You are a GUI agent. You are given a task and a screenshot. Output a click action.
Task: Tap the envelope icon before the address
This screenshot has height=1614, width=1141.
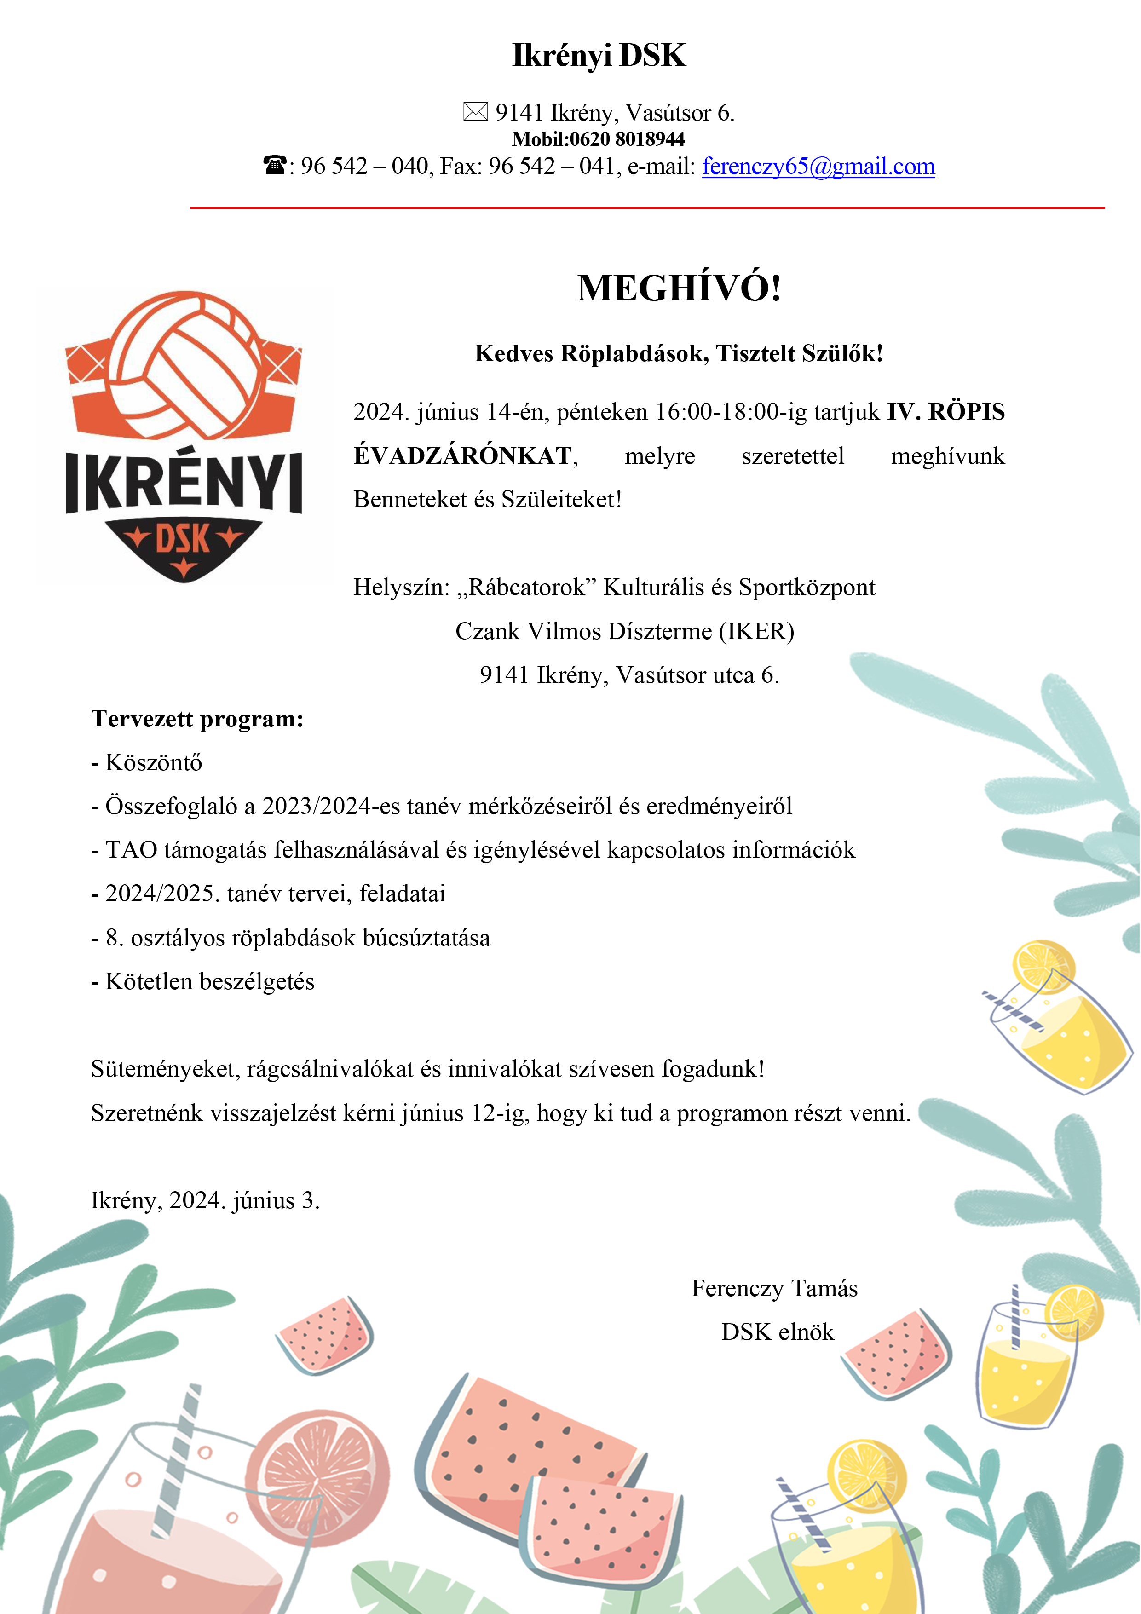point(475,112)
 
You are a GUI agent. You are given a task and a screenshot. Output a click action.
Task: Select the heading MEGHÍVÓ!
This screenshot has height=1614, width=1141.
point(679,288)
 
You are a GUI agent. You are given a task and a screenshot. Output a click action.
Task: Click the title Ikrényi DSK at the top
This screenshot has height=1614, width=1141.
point(599,55)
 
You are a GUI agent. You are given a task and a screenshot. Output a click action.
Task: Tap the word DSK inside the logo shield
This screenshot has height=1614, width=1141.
point(183,540)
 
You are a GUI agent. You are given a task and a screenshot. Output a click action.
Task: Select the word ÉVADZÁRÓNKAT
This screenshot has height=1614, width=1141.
point(462,455)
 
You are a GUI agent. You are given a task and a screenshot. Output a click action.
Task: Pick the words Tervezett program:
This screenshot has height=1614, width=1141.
point(197,719)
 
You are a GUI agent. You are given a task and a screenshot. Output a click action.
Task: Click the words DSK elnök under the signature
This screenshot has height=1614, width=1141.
point(778,1332)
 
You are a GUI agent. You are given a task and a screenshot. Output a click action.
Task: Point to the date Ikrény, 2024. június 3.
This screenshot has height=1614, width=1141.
point(205,1201)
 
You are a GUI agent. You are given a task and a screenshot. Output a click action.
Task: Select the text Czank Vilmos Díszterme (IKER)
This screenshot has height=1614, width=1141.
point(624,631)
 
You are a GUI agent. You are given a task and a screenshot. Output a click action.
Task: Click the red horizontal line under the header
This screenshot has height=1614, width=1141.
point(647,208)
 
